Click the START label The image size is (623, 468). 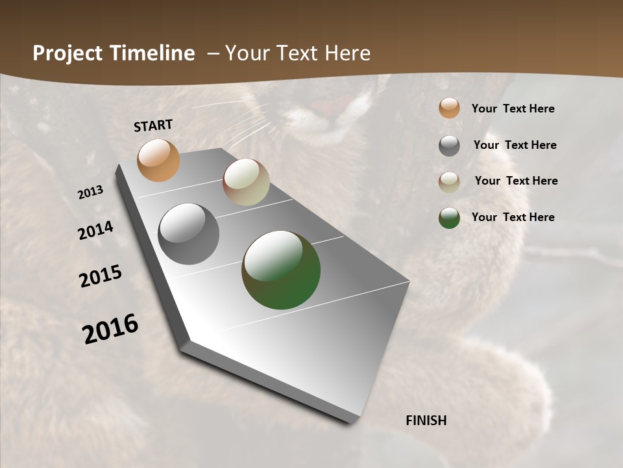point(153,125)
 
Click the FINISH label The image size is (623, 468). point(426,421)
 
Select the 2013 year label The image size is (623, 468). point(90,192)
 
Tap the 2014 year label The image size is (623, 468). point(96,231)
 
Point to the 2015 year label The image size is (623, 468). point(101,276)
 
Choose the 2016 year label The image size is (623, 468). point(110,329)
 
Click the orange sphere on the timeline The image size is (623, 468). point(158,160)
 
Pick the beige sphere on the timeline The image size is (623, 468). point(246,182)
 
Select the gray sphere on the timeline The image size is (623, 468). point(189,234)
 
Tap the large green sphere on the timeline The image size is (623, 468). point(281,270)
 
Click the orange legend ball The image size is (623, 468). point(449,108)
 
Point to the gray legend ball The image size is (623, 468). point(449,146)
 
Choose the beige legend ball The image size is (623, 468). point(449,182)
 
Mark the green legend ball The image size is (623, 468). point(449,218)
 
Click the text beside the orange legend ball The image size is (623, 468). point(513,109)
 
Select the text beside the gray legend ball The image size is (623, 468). point(515,145)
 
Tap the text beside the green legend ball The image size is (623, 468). point(513,217)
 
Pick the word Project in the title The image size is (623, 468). point(65,53)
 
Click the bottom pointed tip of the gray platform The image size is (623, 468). point(350,422)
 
